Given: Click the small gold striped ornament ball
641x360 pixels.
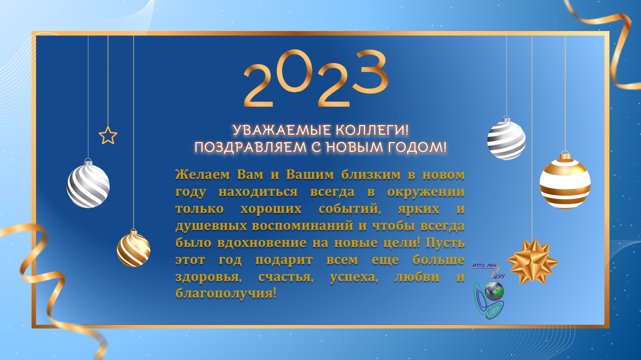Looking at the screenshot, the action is tap(134, 248).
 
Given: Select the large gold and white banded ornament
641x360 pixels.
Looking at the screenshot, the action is tap(565, 183).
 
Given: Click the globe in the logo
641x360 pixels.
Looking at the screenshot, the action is tap(494, 291).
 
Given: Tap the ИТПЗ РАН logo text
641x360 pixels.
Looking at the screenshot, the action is tap(484, 266).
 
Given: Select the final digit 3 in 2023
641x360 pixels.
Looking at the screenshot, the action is tap(371, 72).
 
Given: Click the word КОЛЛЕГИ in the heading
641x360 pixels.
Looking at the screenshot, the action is tap(372, 130).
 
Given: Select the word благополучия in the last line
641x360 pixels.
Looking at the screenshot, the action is tap(226, 293).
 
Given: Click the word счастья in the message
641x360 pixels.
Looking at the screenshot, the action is tap(286, 277).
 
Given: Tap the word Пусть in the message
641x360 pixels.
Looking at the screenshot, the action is tap(445, 243).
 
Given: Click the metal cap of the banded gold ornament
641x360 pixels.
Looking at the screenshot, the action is tap(565, 156).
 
